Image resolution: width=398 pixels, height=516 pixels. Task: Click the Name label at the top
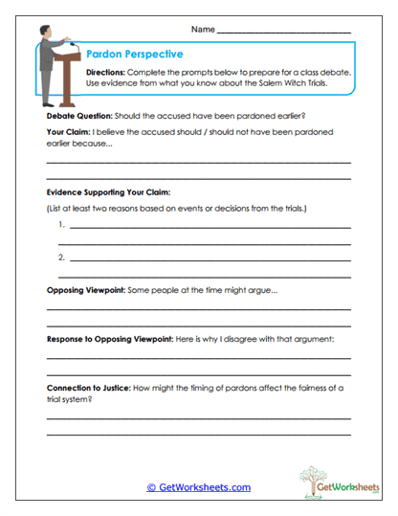[x=203, y=31]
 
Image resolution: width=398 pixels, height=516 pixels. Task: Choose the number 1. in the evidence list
[x=61, y=226]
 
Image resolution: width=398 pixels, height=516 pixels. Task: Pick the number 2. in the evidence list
[x=61, y=257]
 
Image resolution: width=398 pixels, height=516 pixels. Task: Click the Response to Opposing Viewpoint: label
[x=109, y=340]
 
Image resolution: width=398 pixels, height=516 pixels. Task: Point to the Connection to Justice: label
[x=95, y=389]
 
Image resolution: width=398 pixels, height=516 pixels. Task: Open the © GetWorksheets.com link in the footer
[x=199, y=487]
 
